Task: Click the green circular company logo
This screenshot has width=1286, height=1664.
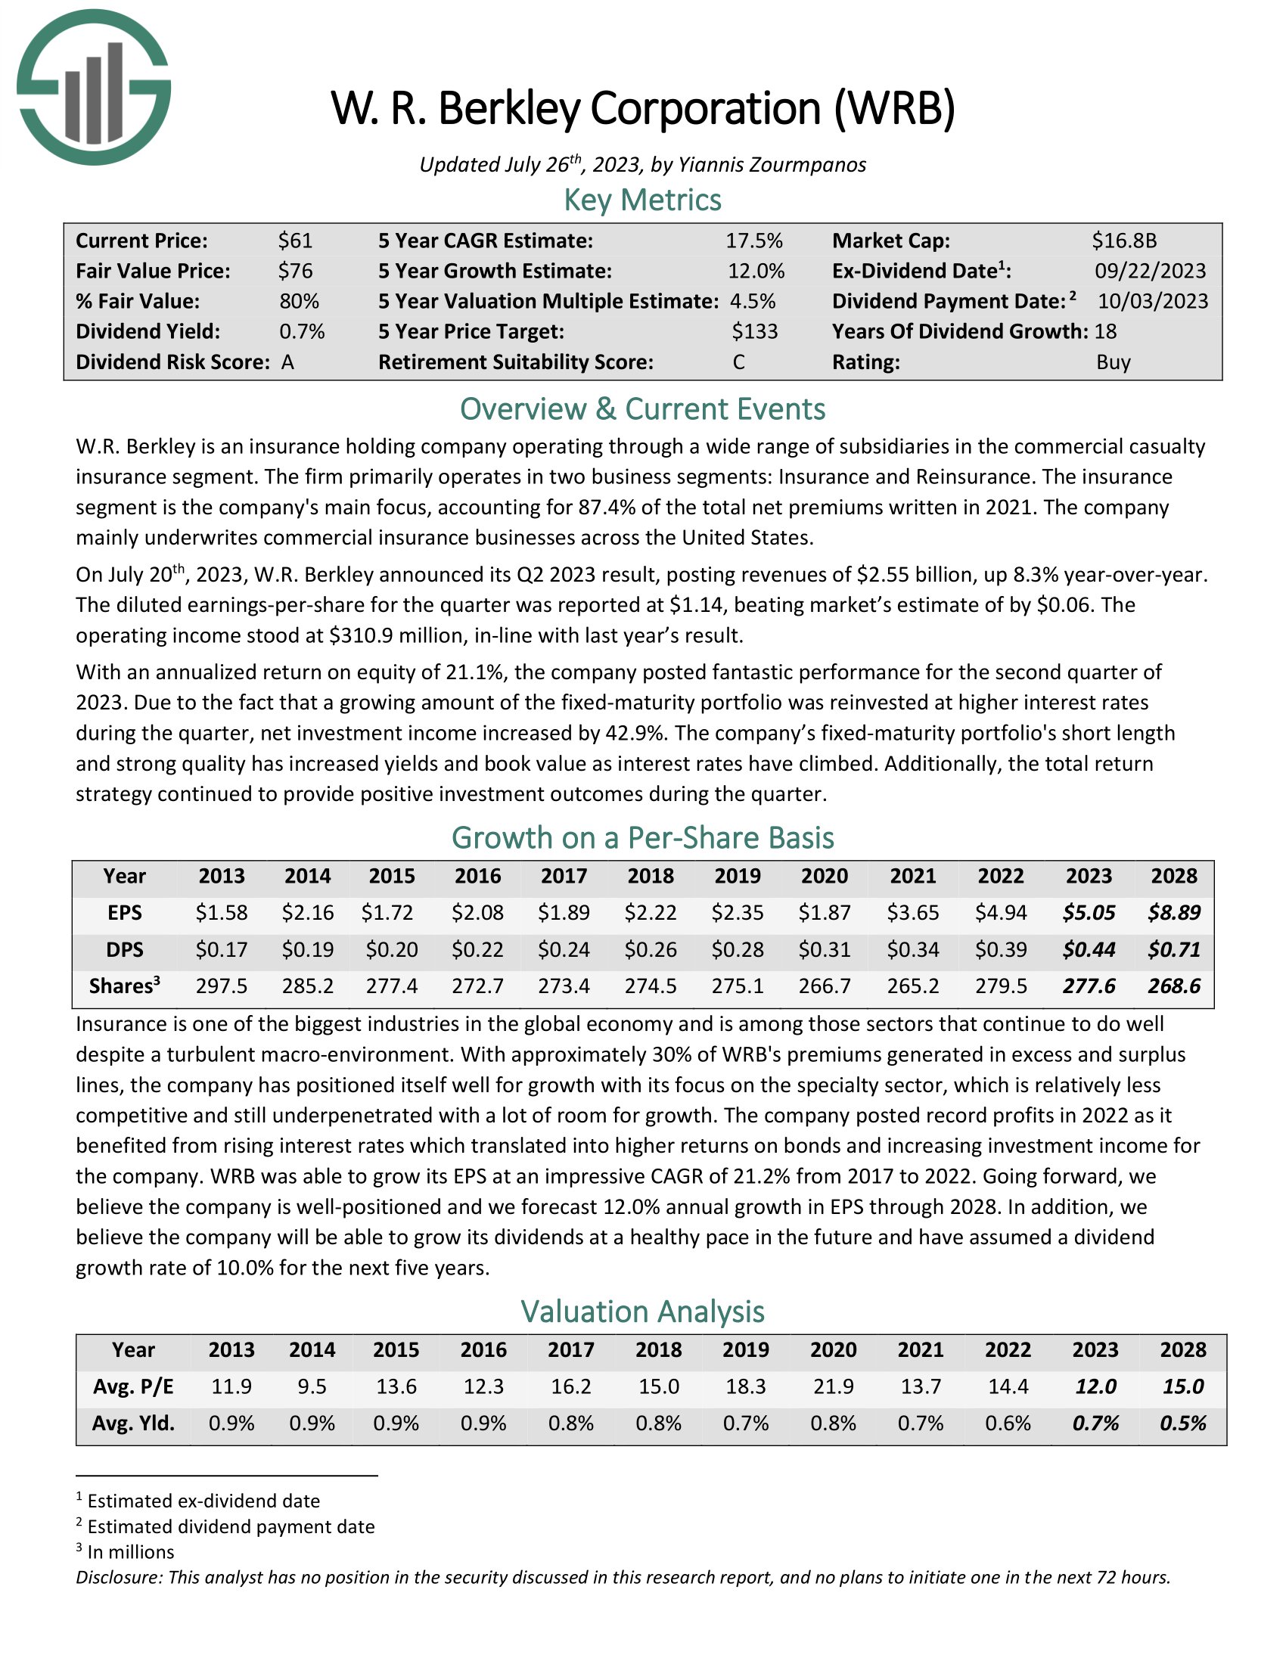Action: coord(93,87)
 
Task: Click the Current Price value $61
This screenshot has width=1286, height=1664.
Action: coord(295,241)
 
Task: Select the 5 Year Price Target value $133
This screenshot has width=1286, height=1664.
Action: coord(754,331)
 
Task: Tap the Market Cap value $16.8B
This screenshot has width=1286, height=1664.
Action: coord(1123,241)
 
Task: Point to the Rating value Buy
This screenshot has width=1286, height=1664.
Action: coord(1113,362)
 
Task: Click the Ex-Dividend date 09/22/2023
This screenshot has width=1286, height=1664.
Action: coord(1150,272)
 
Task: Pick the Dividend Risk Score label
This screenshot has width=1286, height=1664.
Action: coord(172,362)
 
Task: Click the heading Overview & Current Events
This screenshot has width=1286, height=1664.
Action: coord(642,409)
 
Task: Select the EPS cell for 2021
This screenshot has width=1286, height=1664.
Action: coord(912,912)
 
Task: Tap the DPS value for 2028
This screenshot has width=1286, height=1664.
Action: coord(1174,949)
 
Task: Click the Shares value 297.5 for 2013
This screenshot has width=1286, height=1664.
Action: coord(221,986)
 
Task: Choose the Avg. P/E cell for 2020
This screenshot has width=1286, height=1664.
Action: coord(833,1386)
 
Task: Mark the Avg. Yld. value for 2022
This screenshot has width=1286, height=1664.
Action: coord(1007,1423)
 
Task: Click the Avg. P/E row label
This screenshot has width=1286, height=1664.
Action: coord(133,1386)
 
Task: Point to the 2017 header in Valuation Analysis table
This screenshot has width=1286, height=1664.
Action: coord(570,1349)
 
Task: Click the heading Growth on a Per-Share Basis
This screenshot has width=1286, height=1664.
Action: coord(642,837)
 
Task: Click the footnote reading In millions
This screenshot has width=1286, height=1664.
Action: coord(130,1552)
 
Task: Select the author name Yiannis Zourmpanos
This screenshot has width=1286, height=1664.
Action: coord(772,165)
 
